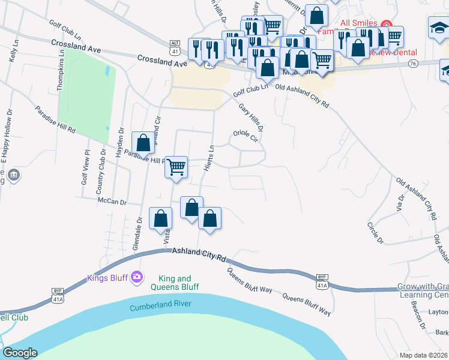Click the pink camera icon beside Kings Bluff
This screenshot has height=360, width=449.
(137, 277)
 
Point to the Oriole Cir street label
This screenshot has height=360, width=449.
(245, 136)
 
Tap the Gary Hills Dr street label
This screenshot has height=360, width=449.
(252, 116)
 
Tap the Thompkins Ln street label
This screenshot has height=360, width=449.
(61, 70)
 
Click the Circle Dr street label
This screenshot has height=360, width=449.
(375, 233)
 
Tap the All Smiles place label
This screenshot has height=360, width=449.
(358, 23)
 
